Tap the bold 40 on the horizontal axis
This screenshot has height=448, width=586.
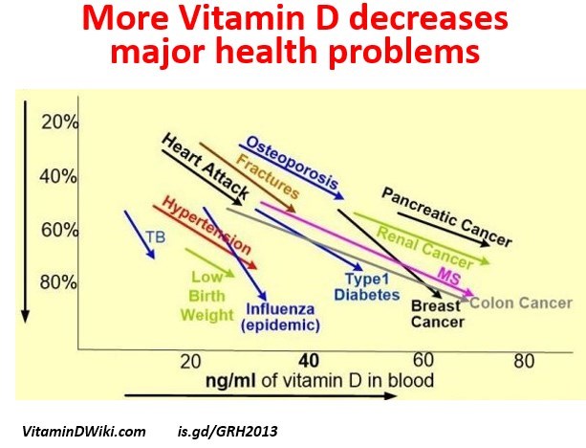pos(308,361)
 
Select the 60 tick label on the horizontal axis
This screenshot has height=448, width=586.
pos(423,360)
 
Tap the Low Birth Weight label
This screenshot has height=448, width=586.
pos(206,296)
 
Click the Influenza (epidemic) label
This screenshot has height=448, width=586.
pos(280,317)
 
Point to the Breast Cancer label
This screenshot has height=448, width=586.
pos(437,314)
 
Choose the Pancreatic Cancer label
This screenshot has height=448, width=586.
pos(446,214)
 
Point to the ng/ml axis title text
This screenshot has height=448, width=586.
pos(319,380)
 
